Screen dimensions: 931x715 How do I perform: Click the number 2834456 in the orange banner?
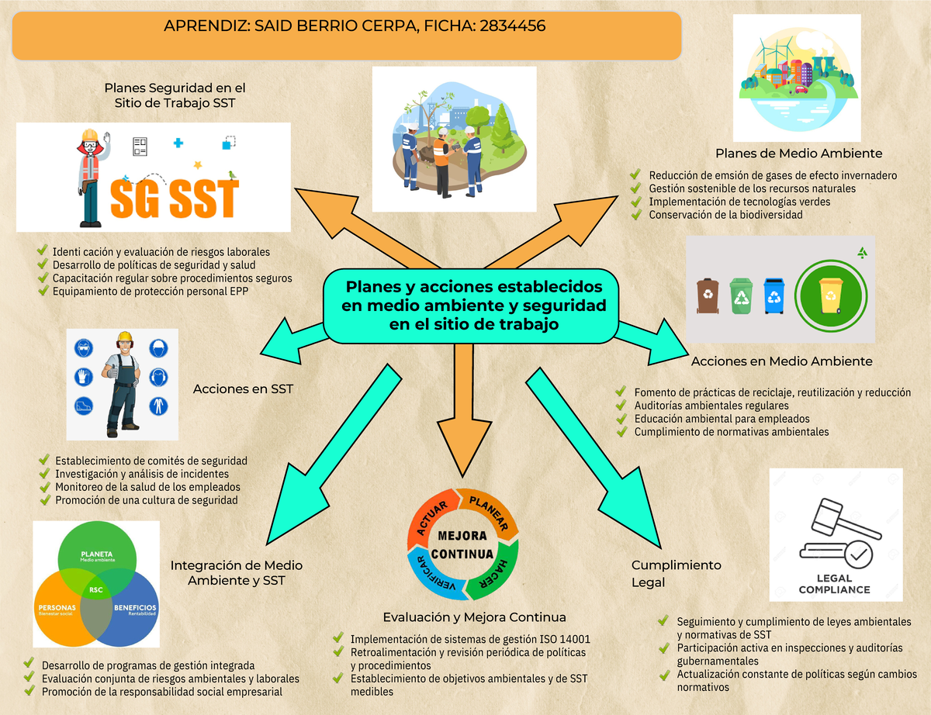[512, 26]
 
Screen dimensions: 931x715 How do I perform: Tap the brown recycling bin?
[708, 295]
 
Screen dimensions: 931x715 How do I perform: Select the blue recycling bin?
[774, 295]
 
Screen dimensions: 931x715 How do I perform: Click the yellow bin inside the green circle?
[830, 295]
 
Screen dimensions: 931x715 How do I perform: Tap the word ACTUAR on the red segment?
[432, 518]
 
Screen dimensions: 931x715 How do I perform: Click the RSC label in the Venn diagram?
[96, 589]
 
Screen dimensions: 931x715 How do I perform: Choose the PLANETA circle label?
[97, 554]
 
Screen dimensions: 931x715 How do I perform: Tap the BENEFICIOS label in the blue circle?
[135, 607]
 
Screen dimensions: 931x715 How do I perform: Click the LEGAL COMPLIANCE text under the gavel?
[834, 584]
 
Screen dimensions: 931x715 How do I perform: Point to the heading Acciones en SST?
[243, 389]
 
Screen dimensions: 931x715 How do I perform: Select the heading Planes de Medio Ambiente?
[798, 154]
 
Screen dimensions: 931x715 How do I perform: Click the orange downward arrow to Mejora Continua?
[464, 410]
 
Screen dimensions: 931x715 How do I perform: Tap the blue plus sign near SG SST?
[178, 143]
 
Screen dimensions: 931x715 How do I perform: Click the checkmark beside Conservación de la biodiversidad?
[636, 214]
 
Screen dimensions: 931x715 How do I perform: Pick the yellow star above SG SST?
[198, 165]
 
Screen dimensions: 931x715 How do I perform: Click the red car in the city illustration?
[801, 89]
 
